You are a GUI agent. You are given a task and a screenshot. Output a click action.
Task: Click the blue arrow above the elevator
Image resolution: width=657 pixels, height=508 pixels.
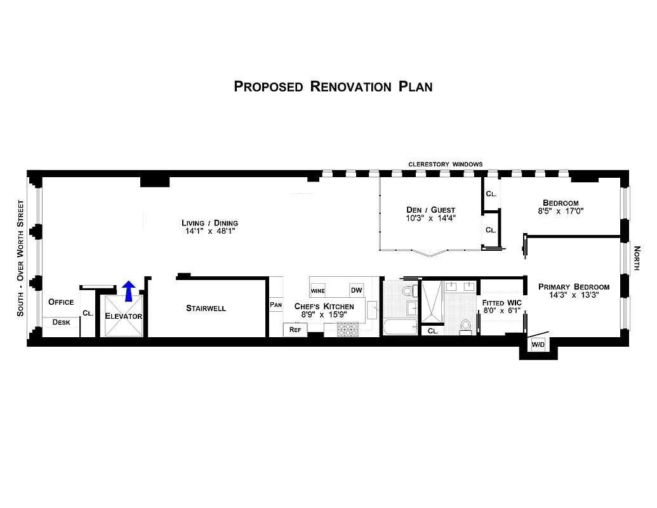click(x=128, y=290)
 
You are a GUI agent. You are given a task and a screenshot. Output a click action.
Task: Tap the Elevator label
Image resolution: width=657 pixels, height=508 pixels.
click(x=124, y=316)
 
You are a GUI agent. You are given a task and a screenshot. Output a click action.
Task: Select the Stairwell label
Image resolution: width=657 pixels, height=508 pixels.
click(x=206, y=309)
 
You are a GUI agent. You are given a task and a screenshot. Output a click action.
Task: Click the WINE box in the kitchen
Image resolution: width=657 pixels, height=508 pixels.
click(x=317, y=291)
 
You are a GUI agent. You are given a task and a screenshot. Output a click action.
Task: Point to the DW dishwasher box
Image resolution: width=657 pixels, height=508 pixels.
click(x=356, y=290)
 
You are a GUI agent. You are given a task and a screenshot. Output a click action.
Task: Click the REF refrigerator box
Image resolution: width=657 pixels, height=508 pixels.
click(x=295, y=330)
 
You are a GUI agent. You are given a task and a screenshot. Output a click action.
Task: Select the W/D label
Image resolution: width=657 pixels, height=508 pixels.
click(x=538, y=345)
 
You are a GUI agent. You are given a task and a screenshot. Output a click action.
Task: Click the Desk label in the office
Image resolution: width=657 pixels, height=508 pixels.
click(x=61, y=323)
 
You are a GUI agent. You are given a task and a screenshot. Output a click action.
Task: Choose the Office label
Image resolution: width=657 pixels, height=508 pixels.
click(x=61, y=302)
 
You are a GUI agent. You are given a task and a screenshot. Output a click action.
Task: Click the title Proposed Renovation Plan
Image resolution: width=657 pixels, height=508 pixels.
click(x=333, y=86)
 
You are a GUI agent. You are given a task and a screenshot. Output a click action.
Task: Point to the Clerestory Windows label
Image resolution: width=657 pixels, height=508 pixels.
click(x=445, y=164)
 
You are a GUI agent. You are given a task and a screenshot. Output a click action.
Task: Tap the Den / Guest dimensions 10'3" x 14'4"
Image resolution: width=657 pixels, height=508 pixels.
click(x=431, y=218)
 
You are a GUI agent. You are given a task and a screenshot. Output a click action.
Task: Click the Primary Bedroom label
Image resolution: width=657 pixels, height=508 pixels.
click(x=574, y=287)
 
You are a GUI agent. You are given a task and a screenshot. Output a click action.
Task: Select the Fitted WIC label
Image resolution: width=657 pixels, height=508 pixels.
click(x=501, y=303)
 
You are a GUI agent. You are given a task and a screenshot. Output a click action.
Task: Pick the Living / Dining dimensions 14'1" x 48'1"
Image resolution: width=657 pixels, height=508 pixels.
click(x=210, y=232)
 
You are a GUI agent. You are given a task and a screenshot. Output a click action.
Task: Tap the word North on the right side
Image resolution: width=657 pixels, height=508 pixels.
click(x=637, y=258)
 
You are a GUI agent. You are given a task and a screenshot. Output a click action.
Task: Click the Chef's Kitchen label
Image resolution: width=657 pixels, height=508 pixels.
click(x=324, y=307)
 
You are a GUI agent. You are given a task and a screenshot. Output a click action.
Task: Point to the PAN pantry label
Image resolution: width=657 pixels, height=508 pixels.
click(x=275, y=305)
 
